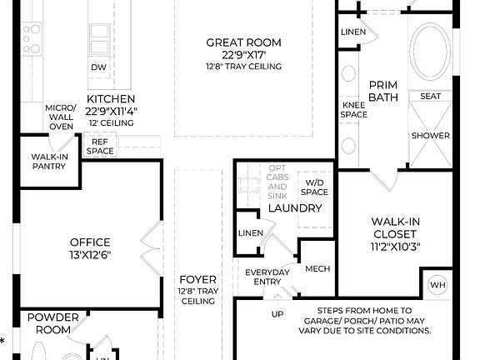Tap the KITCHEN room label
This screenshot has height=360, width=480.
pyautogui.click(x=112, y=98)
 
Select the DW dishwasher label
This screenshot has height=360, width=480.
pyautogui.click(x=98, y=67)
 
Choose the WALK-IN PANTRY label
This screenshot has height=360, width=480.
pyautogui.click(x=48, y=162)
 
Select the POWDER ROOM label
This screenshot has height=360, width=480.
pyautogui.click(x=52, y=322)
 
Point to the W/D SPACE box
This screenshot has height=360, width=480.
pyautogui.click(x=315, y=187)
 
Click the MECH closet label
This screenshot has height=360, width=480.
pyautogui.click(x=318, y=268)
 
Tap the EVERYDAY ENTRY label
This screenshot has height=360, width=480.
pyautogui.click(x=267, y=277)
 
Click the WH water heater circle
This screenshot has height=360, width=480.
pyautogui.click(x=437, y=285)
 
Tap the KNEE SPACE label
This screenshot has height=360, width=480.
pyautogui.click(x=352, y=109)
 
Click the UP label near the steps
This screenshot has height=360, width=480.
pyautogui.click(x=277, y=314)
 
